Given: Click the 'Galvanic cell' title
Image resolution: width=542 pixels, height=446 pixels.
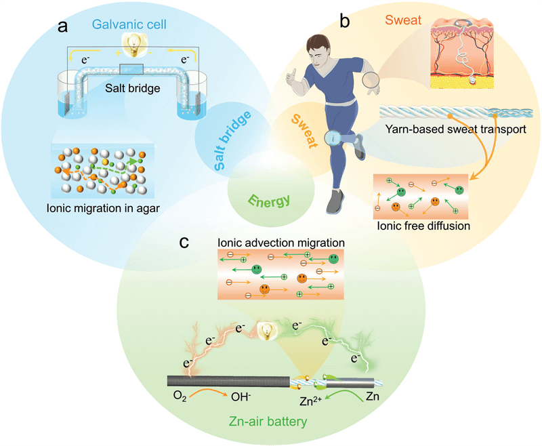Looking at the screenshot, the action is coord(129,24).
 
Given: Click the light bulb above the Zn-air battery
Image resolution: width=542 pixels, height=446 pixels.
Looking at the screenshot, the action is coord(267,331).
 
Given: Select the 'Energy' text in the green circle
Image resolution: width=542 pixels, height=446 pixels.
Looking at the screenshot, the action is coord(270,201).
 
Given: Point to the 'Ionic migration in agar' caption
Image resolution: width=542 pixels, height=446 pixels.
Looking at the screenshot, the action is coord(103,208).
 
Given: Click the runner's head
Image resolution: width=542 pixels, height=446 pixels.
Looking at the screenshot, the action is coord(318,49).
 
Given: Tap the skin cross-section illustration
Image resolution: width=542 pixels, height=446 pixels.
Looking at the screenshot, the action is coord(462,54).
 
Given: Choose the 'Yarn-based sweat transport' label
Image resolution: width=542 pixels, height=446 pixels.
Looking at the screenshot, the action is coord(455,129).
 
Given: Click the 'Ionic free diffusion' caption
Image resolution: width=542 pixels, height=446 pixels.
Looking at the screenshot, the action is coord(423,226).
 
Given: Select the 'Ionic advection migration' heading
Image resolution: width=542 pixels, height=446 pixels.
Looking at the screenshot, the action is coord(281,243).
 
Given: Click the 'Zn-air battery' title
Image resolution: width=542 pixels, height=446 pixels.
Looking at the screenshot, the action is coord(268,422).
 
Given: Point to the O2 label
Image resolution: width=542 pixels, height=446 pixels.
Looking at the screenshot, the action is coord(180,397).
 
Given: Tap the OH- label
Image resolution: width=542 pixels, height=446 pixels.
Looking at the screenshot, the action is coord(241,397).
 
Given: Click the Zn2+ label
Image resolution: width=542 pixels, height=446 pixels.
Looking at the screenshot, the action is coord(311,401).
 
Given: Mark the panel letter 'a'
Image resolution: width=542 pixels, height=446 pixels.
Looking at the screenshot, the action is coord(62,26).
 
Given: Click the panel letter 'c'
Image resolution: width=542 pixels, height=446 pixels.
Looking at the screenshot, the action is coord(184,243).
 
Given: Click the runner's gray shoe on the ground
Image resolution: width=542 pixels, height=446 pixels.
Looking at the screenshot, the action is coord(335,201).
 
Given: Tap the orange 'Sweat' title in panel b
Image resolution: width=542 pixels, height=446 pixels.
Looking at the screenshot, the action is coord(403,20).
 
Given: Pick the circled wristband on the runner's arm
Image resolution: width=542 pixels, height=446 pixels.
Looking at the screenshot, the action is coord(371,80).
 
